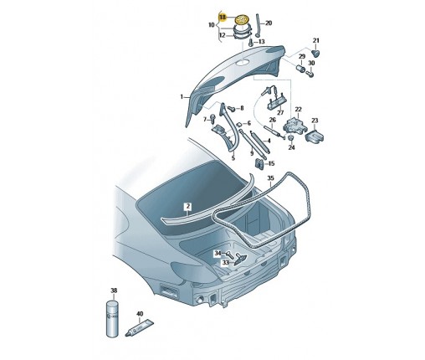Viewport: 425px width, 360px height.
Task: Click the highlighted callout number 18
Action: (x=223, y=16)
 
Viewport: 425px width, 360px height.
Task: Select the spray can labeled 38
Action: (x=115, y=316)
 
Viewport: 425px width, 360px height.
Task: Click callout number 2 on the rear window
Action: (x=188, y=205)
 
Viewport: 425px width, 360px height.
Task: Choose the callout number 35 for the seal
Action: (x=270, y=178)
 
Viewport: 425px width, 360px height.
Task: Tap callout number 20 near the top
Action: (x=268, y=23)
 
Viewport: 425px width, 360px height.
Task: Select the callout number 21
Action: (x=315, y=41)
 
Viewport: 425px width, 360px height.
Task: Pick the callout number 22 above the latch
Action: (x=295, y=109)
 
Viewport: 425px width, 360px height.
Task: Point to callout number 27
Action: (x=280, y=111)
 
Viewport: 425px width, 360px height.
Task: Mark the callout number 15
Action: (x=270, y=164)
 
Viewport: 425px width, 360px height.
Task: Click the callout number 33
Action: (x=225, y=262)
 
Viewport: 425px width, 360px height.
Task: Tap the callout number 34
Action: (x=217, y=253)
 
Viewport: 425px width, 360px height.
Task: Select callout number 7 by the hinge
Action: (x=202, y=120)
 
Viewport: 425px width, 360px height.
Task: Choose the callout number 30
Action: (x=312, y=64)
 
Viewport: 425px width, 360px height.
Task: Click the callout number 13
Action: (x=262, y=41)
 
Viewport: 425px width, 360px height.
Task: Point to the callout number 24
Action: (x=292, y=147)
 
